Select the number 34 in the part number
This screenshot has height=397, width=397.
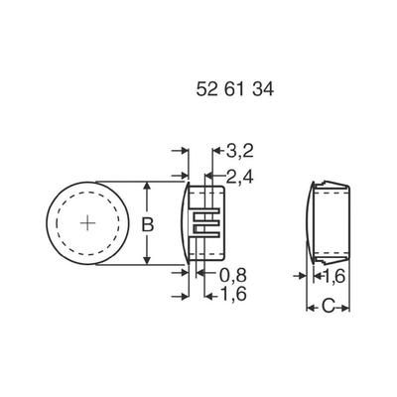coord(265,89)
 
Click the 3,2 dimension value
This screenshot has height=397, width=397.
coord(239,152)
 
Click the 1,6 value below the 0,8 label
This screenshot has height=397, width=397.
coord(233,295)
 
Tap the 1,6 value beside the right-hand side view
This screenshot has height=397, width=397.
coord(334,275)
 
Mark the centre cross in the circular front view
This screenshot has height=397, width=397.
coord(89,223)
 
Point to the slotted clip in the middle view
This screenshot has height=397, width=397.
coord(207,223)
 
